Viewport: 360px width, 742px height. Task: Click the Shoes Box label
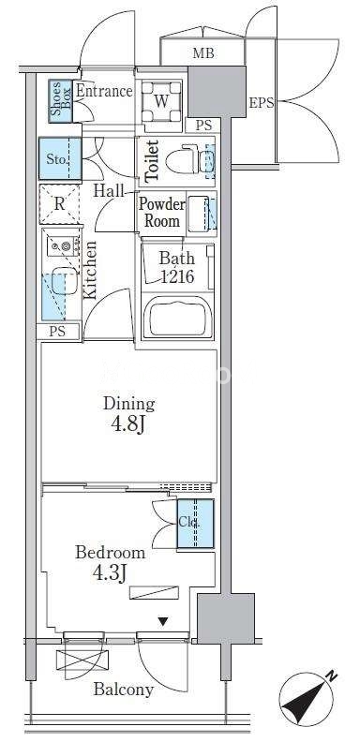point(60,101)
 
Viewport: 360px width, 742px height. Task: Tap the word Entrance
point(104,90)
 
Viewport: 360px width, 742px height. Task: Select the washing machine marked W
point(162,102)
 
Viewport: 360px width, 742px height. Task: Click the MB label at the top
point(203,53)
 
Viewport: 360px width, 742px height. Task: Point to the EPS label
point(262,103)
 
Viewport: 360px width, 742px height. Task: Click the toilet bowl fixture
point(183,161)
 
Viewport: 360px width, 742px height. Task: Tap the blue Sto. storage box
point(60,158)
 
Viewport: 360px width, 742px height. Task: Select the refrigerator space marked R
point(60,204)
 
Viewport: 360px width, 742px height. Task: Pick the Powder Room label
point(161,213)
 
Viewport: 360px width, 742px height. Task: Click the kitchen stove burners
point(62,245)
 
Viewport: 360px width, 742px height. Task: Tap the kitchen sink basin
point(64,276)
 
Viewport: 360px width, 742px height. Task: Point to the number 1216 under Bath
point(177,275)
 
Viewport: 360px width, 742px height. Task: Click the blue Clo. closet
point(196,524)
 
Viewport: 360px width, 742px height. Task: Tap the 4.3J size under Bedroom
point(109,574)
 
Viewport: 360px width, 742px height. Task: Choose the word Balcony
point(124,689)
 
